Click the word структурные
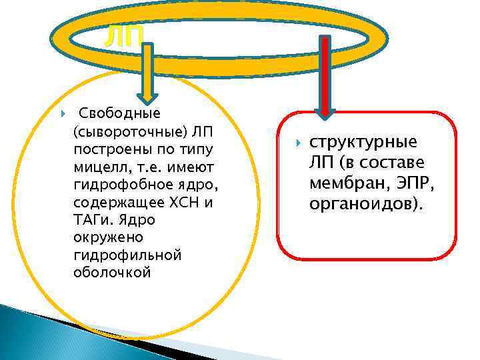pyautogui.click(x=363, y=143)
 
